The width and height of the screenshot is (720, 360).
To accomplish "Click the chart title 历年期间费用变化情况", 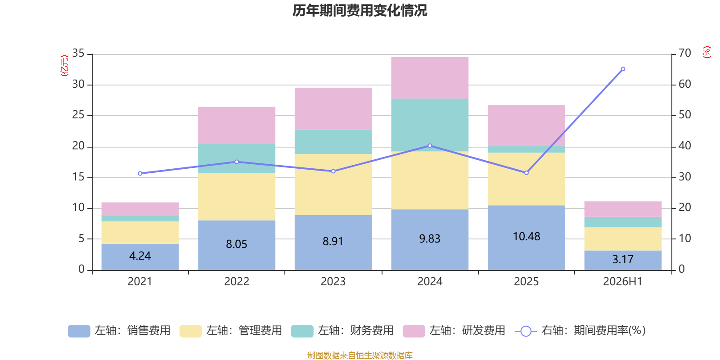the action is (360, 11).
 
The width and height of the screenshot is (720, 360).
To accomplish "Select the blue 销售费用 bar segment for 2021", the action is (140, 257).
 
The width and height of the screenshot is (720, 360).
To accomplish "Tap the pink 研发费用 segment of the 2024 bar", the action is (430, 78).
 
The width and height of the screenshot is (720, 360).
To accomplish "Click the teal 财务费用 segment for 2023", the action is (333, 142).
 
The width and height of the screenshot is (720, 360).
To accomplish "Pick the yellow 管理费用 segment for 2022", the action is (237, 196).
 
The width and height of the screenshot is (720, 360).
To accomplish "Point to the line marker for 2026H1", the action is (623, 69).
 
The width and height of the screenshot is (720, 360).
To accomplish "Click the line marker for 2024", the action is (430, 146).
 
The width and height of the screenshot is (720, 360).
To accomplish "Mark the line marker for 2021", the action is (140, 174).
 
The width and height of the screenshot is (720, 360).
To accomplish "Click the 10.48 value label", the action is (526, 237).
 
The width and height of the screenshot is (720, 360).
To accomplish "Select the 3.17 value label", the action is (623, 259).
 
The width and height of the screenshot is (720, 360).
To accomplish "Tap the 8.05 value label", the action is (237, 244).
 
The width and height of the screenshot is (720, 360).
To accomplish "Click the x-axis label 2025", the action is (526, 282).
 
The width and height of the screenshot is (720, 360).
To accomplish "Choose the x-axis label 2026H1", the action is (623, 282).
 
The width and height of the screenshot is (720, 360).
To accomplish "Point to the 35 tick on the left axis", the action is (78, 53).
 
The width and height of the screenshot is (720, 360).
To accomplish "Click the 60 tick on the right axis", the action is (684, 84).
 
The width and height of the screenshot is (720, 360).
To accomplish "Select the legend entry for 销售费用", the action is (119, 331).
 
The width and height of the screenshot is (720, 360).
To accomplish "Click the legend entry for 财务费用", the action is (342, 331).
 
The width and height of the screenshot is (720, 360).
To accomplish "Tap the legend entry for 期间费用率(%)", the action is (580, 331).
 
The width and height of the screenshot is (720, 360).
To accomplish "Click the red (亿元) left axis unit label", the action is (64, 66).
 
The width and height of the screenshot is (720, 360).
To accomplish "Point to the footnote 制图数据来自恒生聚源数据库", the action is (360, 355).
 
